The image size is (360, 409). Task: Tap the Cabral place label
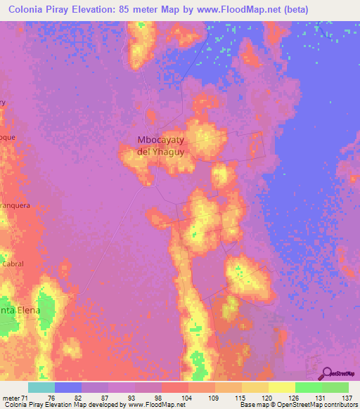13,264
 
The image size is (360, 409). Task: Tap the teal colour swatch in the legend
41,387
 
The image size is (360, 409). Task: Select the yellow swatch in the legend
281,387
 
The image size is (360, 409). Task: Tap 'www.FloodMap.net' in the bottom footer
149,405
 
